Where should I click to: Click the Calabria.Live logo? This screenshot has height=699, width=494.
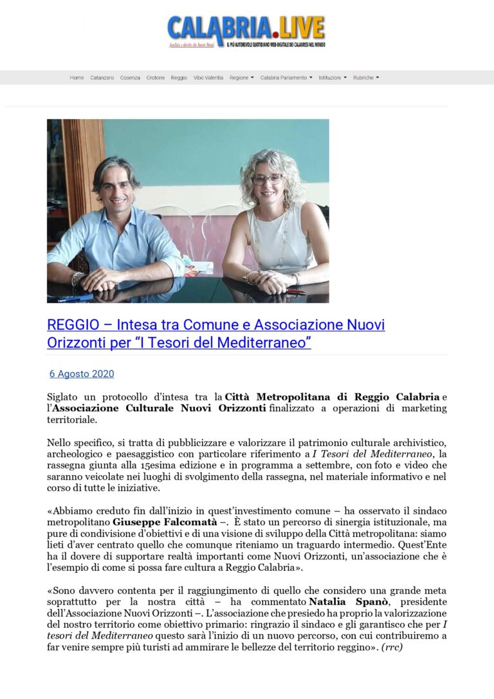[x=246, y=31]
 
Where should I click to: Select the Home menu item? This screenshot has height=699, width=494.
[x=77, y=78]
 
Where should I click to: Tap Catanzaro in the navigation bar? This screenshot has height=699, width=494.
[x=102, y=78]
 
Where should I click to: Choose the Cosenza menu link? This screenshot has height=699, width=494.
[x=130, y=78]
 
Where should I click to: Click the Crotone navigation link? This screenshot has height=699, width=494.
[x=155, y=78]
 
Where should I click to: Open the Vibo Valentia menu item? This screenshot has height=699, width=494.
[x=208, y=78]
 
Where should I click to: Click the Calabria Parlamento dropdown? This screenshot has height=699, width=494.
[x=286, y=78]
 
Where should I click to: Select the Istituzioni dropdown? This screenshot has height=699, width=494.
[x=332, y=78]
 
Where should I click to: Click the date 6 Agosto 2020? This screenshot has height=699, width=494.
[x=82, y=374]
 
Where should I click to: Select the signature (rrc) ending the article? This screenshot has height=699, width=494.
[x=392, y=647]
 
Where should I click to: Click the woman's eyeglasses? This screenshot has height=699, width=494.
[x=266, y=179]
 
